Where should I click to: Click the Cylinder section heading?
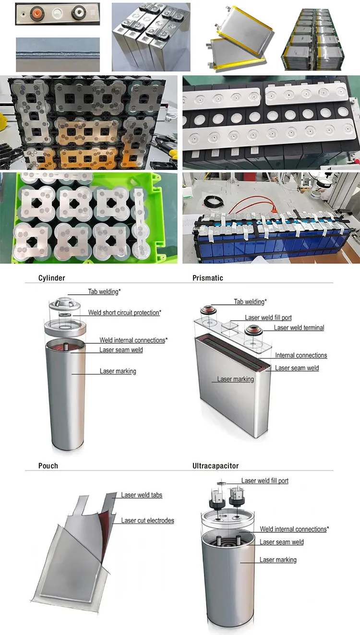(x=51, y=278)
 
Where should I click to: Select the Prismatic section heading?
(x=208, y=278)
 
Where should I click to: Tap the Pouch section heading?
(x=48, y=466)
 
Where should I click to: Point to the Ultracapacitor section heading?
(x=216, y=466)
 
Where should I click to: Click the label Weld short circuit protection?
(x=124, y=312)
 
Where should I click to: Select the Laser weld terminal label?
(x=299, y=327)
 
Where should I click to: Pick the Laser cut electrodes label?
(x=148, y=520)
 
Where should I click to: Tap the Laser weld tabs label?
(x=142, y=495)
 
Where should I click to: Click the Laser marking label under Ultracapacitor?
(x=278, y=560)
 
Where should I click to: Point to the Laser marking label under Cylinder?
(x=118, y=371)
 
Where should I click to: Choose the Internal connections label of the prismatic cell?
(x=301, y=355)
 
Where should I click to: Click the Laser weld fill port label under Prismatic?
(x=268, y=318)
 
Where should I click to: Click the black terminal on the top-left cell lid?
(x=78, y=13)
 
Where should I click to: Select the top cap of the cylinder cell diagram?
(x=65, y=304)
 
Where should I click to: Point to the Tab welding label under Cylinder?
(x=104, y=291)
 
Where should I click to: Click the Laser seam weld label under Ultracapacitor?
(x=281, y=542)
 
